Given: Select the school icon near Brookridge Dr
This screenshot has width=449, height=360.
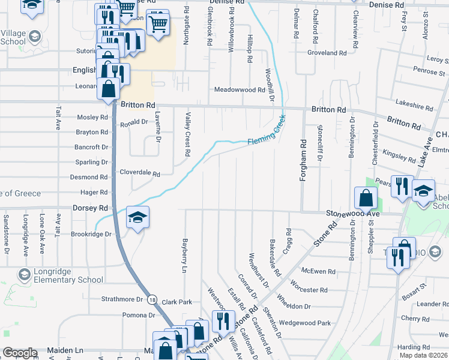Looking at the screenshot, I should [137, 218].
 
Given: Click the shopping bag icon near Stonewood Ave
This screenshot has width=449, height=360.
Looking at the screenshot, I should [366, 197].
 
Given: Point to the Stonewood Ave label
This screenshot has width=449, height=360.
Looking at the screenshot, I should [353, 214].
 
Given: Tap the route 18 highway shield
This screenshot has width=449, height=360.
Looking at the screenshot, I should [154, 299].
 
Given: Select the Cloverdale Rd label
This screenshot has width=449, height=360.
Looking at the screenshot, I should [140, 173].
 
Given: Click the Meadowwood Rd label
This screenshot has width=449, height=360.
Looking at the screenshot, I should [240, 90].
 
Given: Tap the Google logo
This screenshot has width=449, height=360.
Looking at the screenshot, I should [20, 353].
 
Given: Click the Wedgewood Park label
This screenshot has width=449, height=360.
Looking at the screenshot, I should [305, 323].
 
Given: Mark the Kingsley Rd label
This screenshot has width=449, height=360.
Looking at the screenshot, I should [399, 157].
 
